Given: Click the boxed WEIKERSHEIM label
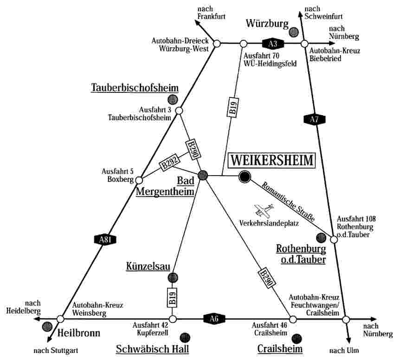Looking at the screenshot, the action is pyautogui.click(x=271, y=161).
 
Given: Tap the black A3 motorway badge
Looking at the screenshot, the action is pyautogui.click(x=272, y=44).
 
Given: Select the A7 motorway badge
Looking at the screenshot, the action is pyautogui.click(x=315, y=119).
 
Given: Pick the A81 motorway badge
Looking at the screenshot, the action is pyautogui.click(x=105, y=240).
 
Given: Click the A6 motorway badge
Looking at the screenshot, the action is pyautogui.click(x=214, y=319).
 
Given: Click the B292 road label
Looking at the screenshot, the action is pyautogui.click(x=170, y=162).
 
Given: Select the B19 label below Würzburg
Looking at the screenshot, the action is pyautogui.click(x=233, y=107).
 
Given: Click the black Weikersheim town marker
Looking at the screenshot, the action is pyautogui.click(x=245, y=177).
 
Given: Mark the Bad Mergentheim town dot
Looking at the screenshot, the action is pyautogui.click(x=203, y=175).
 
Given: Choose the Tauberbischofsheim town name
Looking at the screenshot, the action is pyautogui.click(x=135, y=88).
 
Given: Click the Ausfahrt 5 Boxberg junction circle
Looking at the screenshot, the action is pyautogui.click(x=139, y=180).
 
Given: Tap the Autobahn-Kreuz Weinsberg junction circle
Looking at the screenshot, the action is pyautogui.click(x=60, y=319).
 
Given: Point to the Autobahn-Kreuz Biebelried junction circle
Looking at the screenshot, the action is pyautogui.click(x=304, y=44).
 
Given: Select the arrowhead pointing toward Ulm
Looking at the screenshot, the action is pyautogui.click(x=348, y=340).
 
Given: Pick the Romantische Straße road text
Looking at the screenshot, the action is pyautogui.click(x=288, y=202).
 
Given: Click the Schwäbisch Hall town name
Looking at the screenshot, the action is pyautogui.click(x=153, y=349).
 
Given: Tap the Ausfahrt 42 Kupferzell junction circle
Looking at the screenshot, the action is pyautogui.click(x=173, y=319).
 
